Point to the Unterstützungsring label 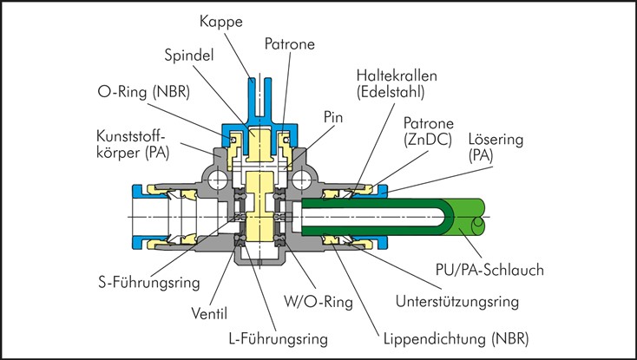click(x=456, y=302)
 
